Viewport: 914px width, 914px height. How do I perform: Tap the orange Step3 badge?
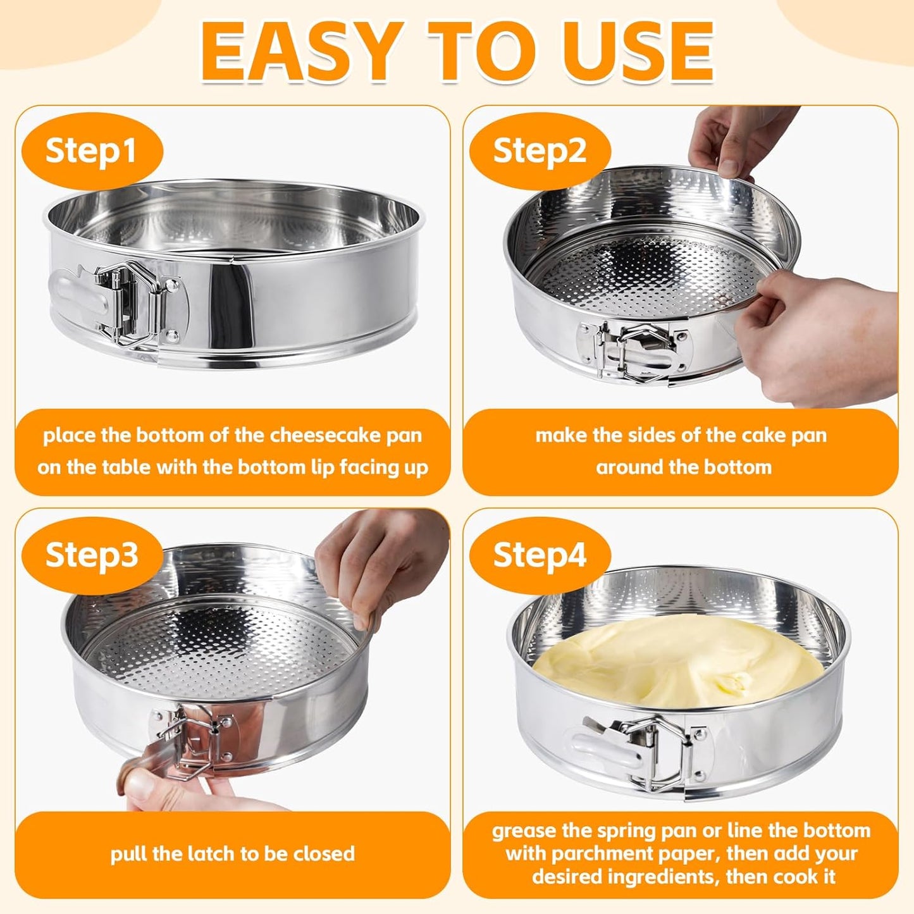point(92,555)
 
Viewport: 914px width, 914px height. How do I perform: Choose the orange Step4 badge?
point(540,555)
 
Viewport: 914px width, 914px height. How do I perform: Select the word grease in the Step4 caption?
point(524,831)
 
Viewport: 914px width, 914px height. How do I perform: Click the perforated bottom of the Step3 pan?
point(215,645)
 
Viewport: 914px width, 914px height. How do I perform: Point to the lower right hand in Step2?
point(829,335)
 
